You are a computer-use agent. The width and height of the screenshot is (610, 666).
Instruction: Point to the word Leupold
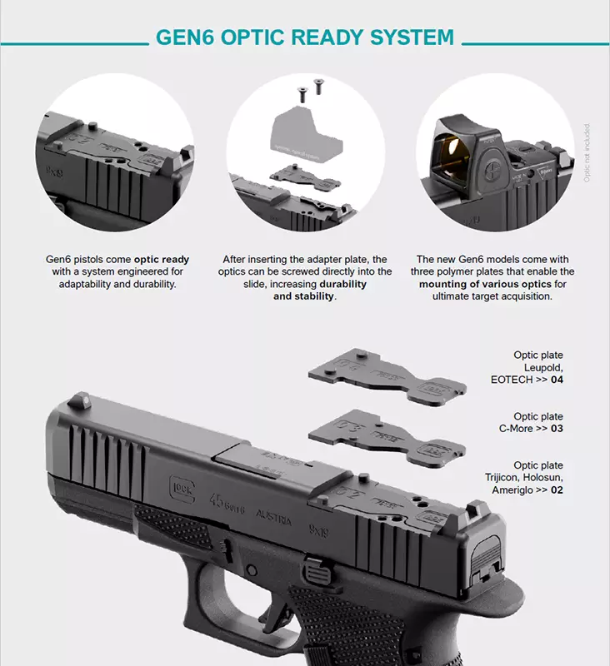click(x=543, y=367)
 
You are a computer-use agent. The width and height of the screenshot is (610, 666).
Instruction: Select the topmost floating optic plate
click(x=383, y=374)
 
